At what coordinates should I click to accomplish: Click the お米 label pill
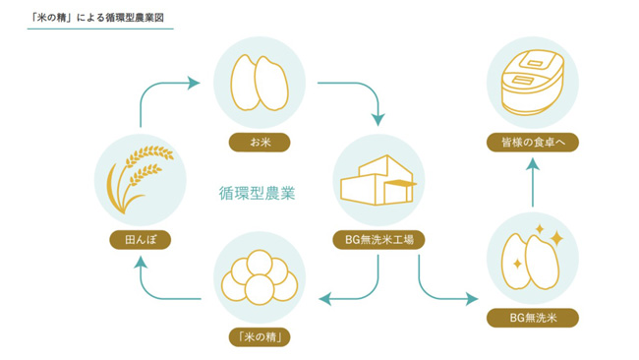pos(260,143)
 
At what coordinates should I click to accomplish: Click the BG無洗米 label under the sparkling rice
pos(533,318)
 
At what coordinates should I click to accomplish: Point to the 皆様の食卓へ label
pos(533,143)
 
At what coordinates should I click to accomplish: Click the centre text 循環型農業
pos(257,194)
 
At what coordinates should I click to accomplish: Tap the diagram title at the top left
pos(101,18)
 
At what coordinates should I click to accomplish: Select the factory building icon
pos(378,179)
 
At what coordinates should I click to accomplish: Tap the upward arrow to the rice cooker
pos(532,182)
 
